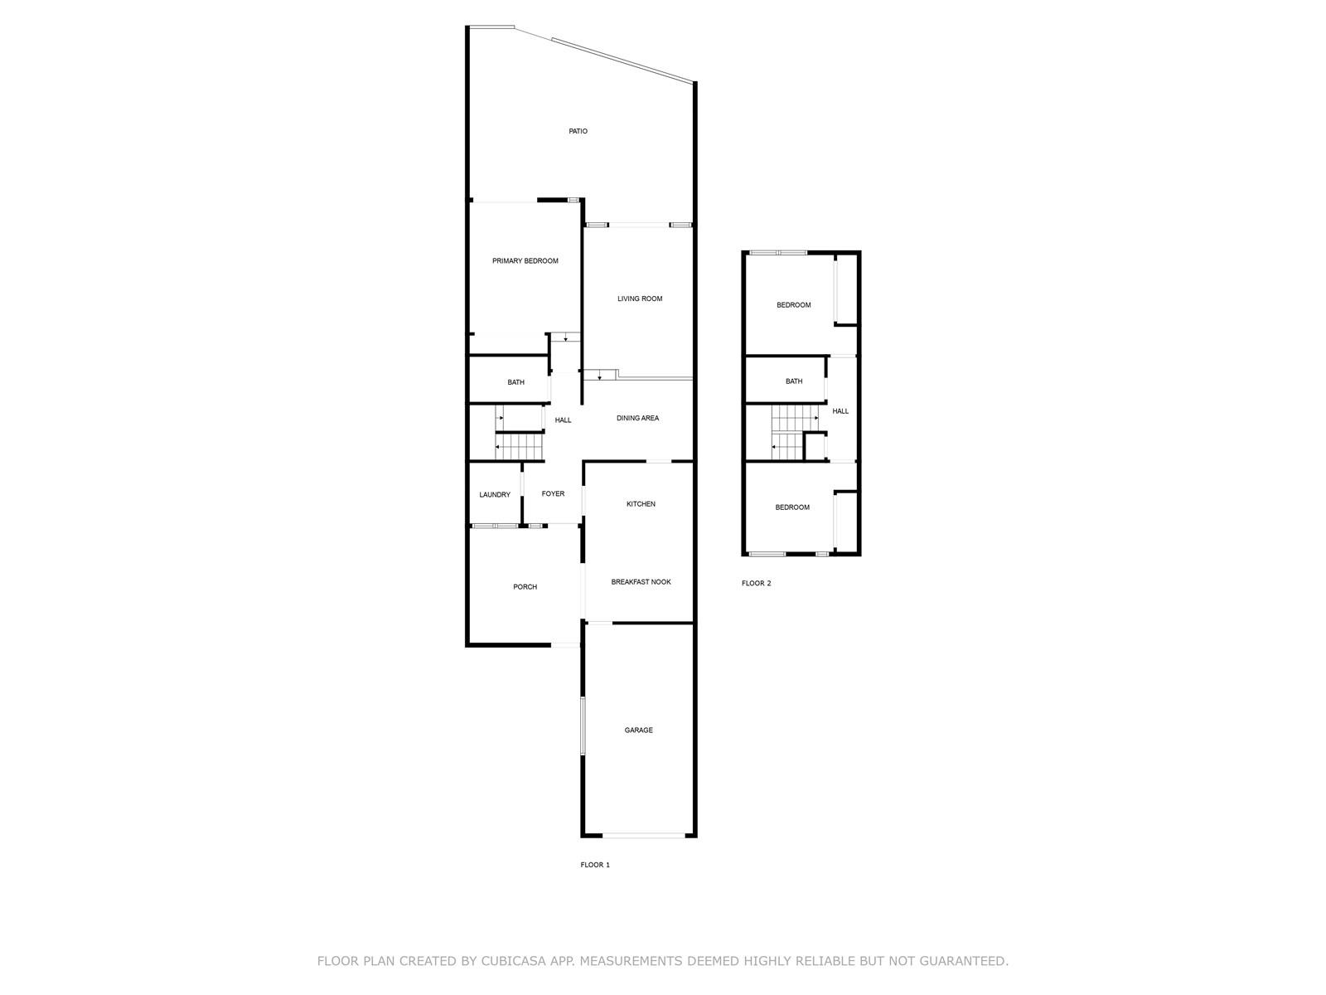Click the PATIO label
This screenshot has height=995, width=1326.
(x=578, y=131)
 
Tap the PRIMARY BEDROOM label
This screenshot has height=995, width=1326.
(x=525, y=261)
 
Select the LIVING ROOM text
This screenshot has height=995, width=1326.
(x=640, y=298)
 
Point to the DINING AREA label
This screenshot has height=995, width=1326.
(x=637, y=418)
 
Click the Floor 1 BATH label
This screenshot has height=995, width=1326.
(x=516, y=382)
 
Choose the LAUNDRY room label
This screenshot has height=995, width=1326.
(x=495, y=495)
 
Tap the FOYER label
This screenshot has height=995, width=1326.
(x=553, y=493)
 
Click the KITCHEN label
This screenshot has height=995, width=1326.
(x=641, y=504)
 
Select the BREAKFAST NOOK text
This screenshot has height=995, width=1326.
(x=641, y=582)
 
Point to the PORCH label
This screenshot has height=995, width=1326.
(x=525, y=586)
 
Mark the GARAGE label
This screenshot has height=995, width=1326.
(x=638, y=730)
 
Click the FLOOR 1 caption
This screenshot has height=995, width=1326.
(x=595, y=865)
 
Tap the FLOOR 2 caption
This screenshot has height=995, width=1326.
(x=757, y=583)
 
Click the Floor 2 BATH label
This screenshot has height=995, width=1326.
(x=794, y=381)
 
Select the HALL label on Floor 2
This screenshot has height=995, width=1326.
(x=840, y=410)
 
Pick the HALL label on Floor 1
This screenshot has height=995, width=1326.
(x=563, y=420)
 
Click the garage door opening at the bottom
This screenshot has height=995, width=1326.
(x=643, y=836)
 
